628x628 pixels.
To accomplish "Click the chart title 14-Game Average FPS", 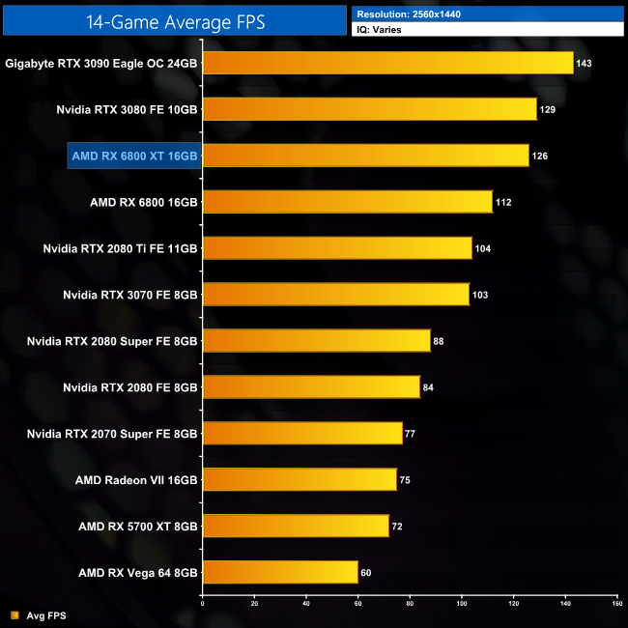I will (174, 19).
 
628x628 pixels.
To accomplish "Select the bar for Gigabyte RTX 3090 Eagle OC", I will (387, 63).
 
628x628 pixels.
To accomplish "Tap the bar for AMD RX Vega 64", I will (280, 572).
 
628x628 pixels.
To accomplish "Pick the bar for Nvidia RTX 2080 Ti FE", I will (337, 248).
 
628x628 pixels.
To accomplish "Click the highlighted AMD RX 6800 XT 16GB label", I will (134, 156).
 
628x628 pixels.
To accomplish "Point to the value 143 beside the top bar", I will (583, 64).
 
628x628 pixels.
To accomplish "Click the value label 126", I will (540, 157).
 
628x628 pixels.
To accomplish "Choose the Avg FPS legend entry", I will (40, 615).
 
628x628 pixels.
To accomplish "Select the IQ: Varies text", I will (381, 30).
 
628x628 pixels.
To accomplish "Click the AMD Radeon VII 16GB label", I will (136, 480).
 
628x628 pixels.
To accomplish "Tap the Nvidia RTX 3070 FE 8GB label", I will (129, 295).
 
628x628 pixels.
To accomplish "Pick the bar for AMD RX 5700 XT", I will (296, 526).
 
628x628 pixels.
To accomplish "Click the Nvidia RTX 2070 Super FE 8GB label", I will (112, 434).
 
